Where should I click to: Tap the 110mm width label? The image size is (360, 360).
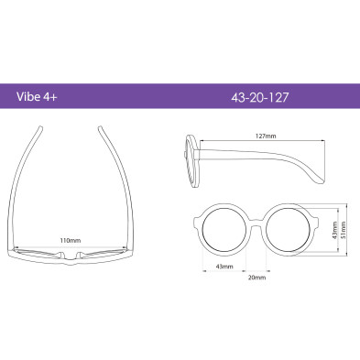70,240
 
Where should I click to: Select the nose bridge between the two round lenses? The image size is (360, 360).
256,223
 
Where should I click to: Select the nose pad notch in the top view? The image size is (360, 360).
71,257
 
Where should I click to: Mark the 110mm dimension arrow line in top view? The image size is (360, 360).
70,246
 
